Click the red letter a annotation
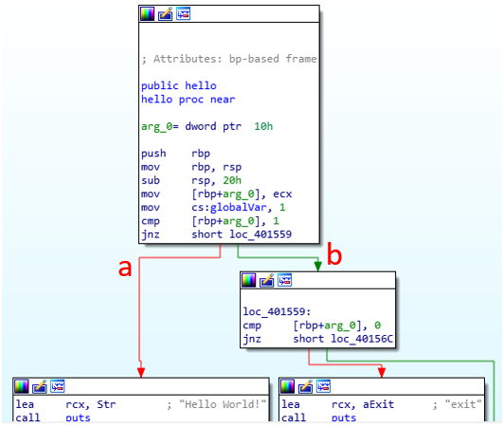pos(125,269)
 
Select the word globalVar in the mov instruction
pos(238,208)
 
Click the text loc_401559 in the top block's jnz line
pos(260,234)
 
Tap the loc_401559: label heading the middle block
pos(277,311)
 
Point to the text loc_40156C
pos(362,339)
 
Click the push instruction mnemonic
pos(153,154)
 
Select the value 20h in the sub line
pos(232,180)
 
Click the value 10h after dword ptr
pos(263,126)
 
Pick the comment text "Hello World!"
pos(223,404)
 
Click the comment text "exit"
pos(463,404)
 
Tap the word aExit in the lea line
pos(378,404)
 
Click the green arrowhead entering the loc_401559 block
pos(318,266)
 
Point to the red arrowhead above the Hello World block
pos(141,372)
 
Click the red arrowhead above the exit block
pos(382,372)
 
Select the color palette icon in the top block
pos(147,14)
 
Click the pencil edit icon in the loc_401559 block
pos(266,280)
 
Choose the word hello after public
pos(201,85)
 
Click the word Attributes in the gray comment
pos(188,59)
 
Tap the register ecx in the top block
pos(282,195)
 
